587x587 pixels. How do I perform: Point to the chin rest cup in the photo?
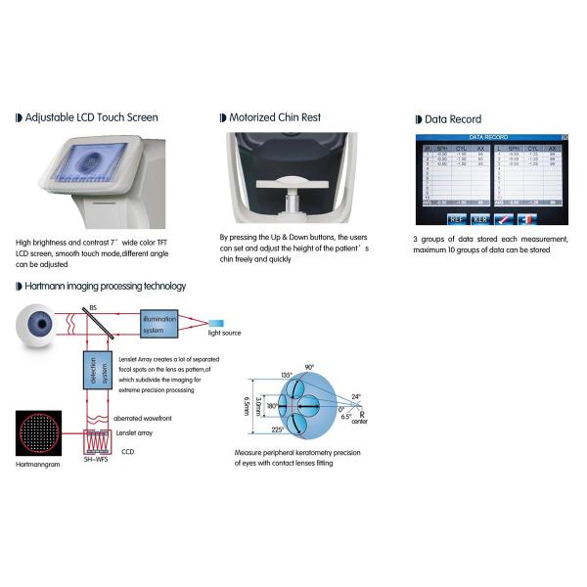[290, 185]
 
